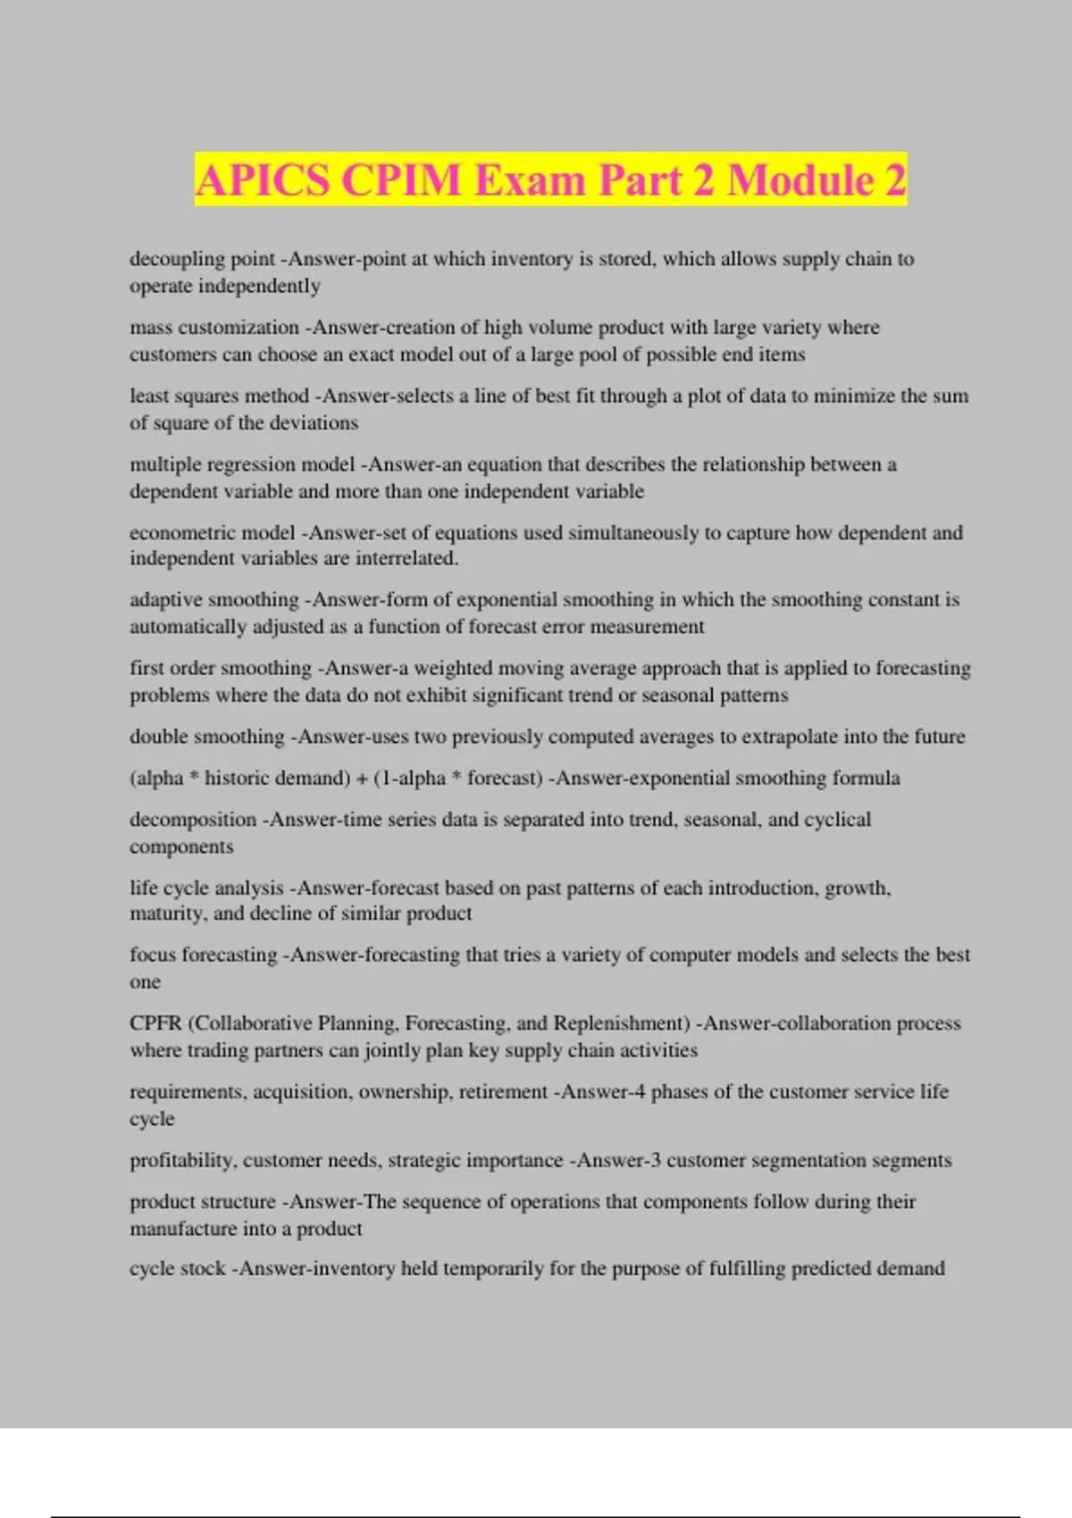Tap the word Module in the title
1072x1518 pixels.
tap(800, 179)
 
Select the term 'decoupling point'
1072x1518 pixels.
tap(202, 259)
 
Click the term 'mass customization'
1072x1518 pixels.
tap(214, 328)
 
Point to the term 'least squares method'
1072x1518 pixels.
tap(219, 396)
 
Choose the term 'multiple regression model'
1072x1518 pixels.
tap(242, 464)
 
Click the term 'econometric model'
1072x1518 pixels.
tap(212, 533)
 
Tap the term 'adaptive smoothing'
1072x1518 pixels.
tap(214, 600)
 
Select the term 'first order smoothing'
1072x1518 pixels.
tap(221, 668)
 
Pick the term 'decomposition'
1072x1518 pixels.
tap(193, 820)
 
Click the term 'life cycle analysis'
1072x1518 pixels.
tap(206, 888)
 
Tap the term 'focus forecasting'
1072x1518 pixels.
tap(204, 955)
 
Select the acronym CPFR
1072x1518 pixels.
tap(155, 1023)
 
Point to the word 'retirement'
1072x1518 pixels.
tap(503, 1091)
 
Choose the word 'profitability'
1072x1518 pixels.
tap(182, 1160)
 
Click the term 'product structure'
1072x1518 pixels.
tap(203, 1202)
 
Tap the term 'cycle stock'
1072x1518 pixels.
tap(177, 1269)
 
